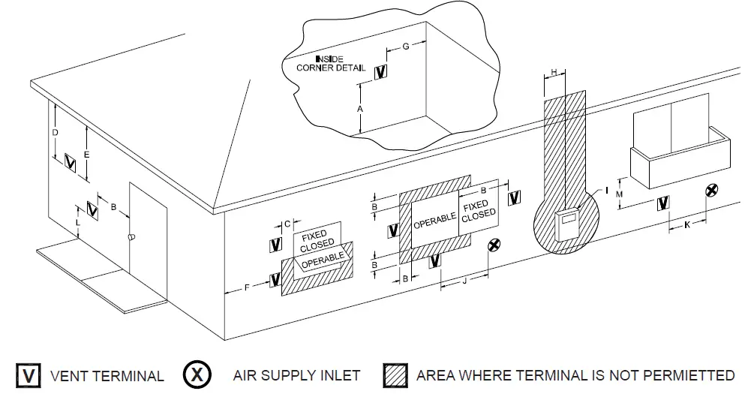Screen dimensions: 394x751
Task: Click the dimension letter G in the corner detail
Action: [405, 47]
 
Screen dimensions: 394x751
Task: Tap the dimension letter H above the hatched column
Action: [554, 72]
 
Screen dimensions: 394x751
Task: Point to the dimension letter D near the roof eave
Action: [55, 133]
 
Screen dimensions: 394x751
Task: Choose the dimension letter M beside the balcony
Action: [619, 194]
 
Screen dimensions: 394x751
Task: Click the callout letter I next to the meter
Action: [606, 191]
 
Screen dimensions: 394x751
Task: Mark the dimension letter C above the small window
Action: [287, 223]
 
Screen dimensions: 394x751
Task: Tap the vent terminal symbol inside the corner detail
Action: [381, 72]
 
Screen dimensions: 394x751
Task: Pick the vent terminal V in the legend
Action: [28, 375]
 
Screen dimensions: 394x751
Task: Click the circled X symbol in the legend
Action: [197, 375]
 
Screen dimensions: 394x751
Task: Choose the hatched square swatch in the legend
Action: [395, 375]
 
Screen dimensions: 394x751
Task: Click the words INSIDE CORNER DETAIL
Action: [327, 63]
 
